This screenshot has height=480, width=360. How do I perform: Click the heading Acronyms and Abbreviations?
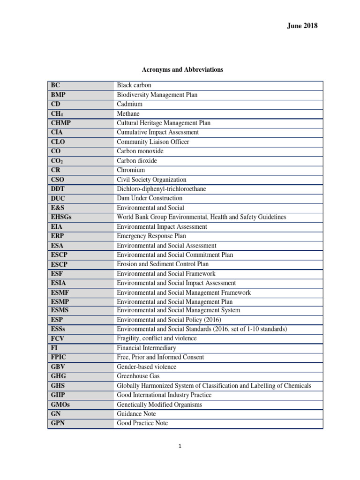click(x=182, y=70)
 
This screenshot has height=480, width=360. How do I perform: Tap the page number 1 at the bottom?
click(x=180, y=446)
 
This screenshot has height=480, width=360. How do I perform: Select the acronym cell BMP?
click(x=58, y=95)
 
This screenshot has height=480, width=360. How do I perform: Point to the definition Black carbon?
click(x=134, y=85)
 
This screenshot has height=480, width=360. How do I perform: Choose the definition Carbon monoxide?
click(x=140, y=151)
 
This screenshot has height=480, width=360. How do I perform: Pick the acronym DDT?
click(x=58, y=189)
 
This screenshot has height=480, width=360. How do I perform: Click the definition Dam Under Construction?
click(x=150, y=198)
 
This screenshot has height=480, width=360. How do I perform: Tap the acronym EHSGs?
click(x=61, y=217)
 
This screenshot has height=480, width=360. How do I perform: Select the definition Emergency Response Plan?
click(x=151, y=236)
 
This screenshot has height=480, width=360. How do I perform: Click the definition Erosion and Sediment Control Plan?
click(x=163, y=264)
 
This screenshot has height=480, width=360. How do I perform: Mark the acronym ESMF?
click(x=60, y=292)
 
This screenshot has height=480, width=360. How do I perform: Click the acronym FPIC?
click(x=59, y=357)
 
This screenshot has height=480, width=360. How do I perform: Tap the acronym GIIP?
click(x=58, y=395)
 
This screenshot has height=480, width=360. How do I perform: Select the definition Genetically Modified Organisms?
click(x=159, y=404)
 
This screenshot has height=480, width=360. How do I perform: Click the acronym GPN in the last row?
click(x=57, y=423)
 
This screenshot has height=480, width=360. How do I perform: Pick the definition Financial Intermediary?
click(x=146, y=348)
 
